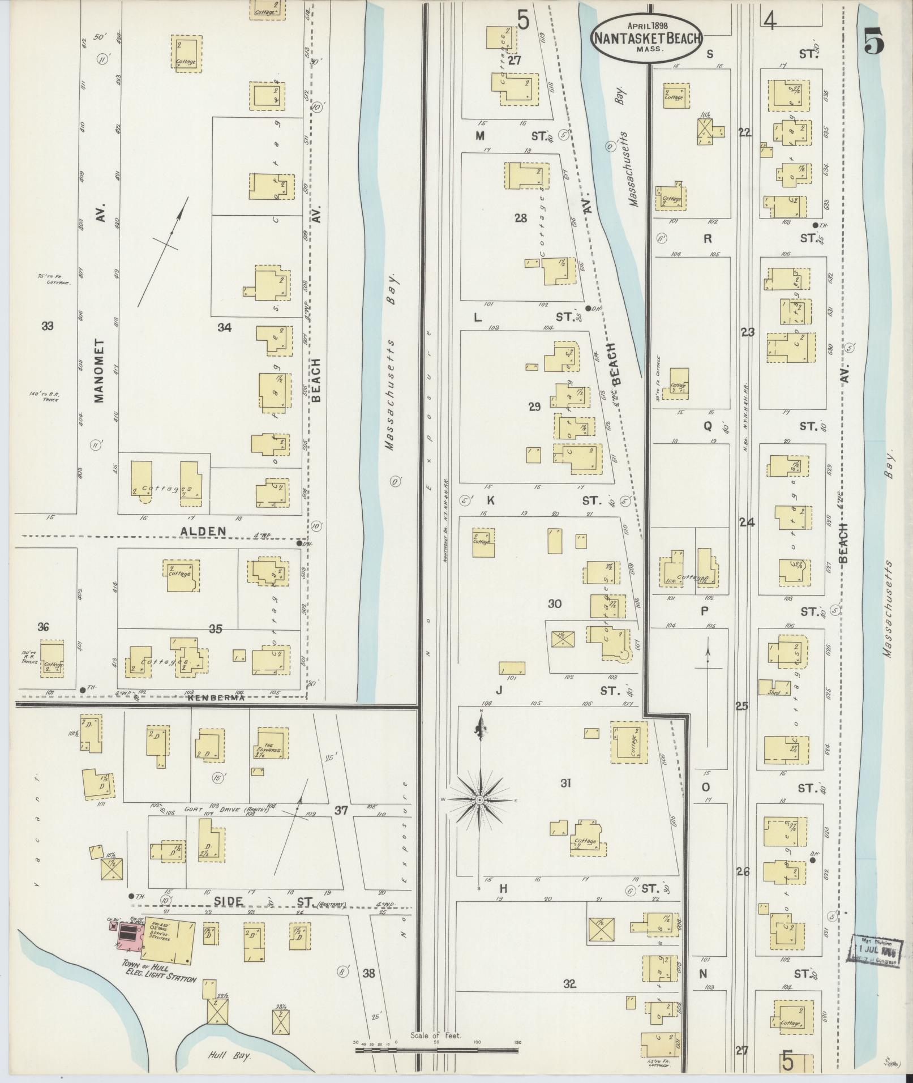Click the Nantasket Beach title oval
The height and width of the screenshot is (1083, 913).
(x=646, y=38)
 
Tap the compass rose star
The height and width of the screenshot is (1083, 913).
(x=479, y=799)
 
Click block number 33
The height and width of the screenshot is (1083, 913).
(x=48, y=326)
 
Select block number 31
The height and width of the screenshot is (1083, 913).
(x=564, y=784)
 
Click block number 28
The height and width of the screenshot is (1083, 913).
(x=521, y=219)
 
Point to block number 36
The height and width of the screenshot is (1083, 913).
(x=43, y=627)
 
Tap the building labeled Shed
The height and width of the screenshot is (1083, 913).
(x=773, y=691)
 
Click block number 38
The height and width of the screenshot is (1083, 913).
(x=369, y=973)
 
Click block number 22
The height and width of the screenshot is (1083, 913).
(x=744, y=132)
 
